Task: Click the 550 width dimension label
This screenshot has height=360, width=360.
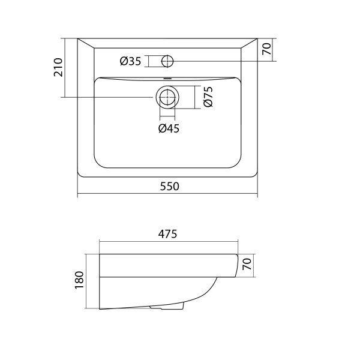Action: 169,186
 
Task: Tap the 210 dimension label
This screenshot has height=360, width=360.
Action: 58,67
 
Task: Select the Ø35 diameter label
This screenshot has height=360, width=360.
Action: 130,61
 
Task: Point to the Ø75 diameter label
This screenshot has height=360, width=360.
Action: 208,97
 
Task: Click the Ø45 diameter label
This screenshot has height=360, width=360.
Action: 169,128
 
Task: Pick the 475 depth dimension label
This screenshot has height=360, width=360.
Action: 167,234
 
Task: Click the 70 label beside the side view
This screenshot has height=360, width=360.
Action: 247,264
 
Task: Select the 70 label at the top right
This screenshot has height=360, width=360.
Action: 267,49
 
